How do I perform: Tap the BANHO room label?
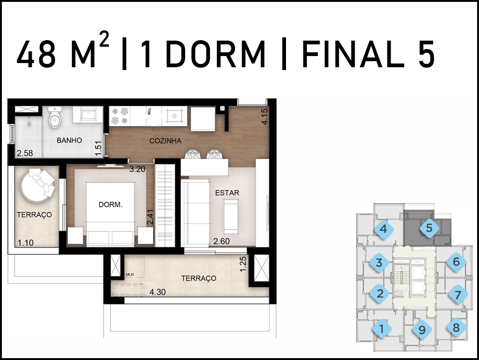(x=69, y=141)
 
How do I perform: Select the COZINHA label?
(x=165, y=141)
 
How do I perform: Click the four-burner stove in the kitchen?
(x=120, y=116)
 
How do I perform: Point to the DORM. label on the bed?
(x=110, y=205)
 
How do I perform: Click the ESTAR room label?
(x=227, y=193)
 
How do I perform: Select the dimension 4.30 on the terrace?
(x=157, y=292)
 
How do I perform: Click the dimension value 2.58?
(x=25, y=153)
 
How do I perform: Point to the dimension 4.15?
(x=264, y=117)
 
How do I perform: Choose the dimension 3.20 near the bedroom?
(x=137, y=169)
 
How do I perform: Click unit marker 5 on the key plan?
(x=429, y=228)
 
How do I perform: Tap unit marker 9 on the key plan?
(x=422, y=330)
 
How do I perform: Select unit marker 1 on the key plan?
(x=381, y=329)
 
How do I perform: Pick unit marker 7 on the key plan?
(x=458, y=295)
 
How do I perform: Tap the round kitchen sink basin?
(x=174, y=116)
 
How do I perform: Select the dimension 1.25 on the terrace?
(x=243, y=264)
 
